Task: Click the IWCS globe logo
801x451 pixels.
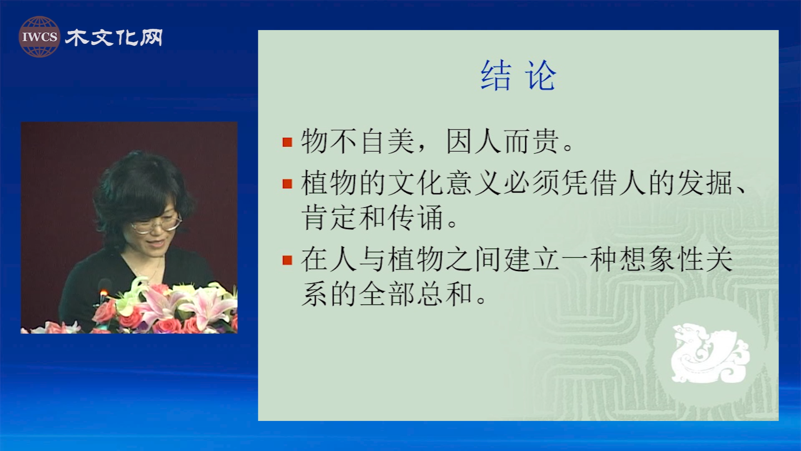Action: pyautogui.click(x=39, y=37)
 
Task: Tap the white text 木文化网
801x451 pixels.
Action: pyautogui.click(x=114, y=38)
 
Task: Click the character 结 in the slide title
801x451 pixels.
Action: pyautogui.click(x=496, y=76)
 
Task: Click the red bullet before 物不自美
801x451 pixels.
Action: pyautogui.click(x=287, y=142)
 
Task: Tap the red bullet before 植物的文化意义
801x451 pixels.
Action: pyautogui.click(x=287, y=184)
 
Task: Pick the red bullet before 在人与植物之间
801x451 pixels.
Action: pyautogui.click(x=287, y=260)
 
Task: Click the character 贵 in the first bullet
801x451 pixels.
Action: pyautogui.click(x=545, y=141)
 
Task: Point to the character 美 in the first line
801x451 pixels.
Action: pyautogui.click(x=400, y=141)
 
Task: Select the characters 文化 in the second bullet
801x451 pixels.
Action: pyautogui.click(x=417, y=183)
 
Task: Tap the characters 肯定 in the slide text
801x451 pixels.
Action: pyautogui.click(x=329, y=218)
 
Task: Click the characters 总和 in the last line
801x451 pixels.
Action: pyautogui.click(x=445, y=294)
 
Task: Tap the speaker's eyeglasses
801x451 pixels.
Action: pyautogui.click(x=156, y=224)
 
